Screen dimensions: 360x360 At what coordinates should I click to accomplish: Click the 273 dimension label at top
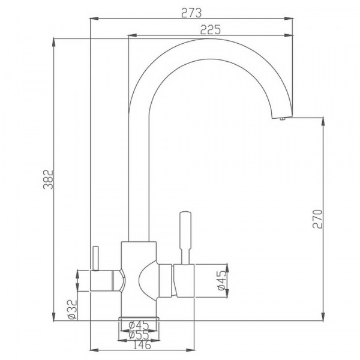pos(191,13)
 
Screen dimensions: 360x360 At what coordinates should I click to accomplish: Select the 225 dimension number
pos(211,29)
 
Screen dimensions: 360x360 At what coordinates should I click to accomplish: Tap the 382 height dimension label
pos(48,179)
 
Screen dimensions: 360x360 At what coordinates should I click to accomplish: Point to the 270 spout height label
pos(317,219)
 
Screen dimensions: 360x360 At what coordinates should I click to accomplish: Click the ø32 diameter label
pos(73,309)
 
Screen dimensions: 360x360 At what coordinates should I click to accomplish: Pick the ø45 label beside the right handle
pos(221,281)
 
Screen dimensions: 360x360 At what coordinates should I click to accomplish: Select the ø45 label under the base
pos(139,325)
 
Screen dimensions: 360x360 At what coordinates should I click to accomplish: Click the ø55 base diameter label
pos(139,335)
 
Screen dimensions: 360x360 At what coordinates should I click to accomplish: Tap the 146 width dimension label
pos(142,344)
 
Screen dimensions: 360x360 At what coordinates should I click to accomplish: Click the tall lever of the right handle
pos(185,238)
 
